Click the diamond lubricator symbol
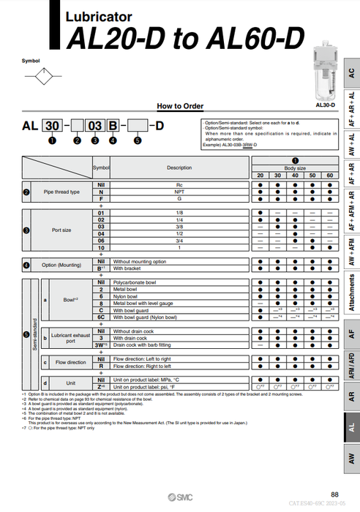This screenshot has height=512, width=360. pyautogui.click(x=47, y=73)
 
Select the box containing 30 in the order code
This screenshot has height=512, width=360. pyautogui.click(x=52, y=126)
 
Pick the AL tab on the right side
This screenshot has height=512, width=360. pyautogui.click(x=352, y=432)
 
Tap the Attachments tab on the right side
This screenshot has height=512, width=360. pyautogui.click(x=352, y=293)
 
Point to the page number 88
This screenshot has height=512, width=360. pyautogui.click(x=334, y=495)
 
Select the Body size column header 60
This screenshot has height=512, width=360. pyautogui.click(x=329, y=176)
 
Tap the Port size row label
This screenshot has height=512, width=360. pyautogui.click(x=61, y=230)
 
